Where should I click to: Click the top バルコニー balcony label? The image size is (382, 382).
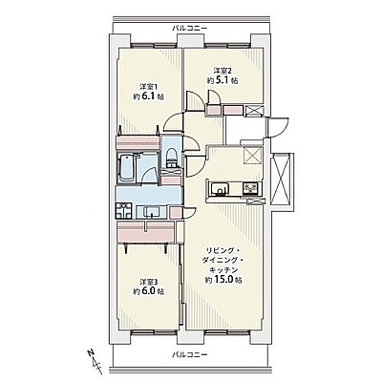[190, 29]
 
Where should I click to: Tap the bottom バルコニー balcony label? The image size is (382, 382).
[190, 354]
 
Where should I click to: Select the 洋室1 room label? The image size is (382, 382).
[149, 86]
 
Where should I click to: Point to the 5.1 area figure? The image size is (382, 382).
[222, 80]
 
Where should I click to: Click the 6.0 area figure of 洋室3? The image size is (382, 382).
[148, 291]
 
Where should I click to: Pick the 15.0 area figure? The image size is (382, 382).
[223, 280]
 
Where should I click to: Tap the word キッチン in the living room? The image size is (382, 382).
[223, 270]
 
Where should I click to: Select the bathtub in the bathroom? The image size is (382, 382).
[126, 168]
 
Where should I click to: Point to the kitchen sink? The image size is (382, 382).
[219, 188]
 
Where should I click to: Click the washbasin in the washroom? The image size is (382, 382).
[151, 212]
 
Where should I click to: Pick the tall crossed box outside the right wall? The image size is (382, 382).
[281, 180]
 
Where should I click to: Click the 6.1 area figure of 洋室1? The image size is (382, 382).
[148, 96]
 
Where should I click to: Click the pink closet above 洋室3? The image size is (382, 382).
[145, 231]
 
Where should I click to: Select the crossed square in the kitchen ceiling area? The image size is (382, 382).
[253, 156]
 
